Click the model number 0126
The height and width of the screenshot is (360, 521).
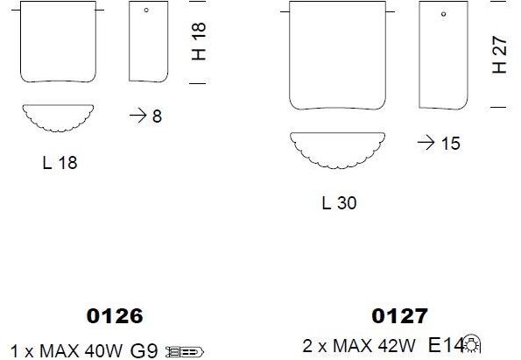coord(115,316)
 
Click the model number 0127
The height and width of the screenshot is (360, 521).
coord(399,316)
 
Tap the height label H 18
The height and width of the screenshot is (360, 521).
coord(199,41)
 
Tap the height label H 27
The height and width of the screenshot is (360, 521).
coord(499,54)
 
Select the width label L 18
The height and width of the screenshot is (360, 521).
coord(60,163)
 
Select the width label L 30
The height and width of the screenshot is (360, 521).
coord(339,202)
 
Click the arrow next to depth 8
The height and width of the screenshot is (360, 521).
coord(137,116)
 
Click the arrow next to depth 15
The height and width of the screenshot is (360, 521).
coord(426,143)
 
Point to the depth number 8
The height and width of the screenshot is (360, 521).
coord(157,116)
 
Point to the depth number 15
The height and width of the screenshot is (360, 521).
coord(451,144)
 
